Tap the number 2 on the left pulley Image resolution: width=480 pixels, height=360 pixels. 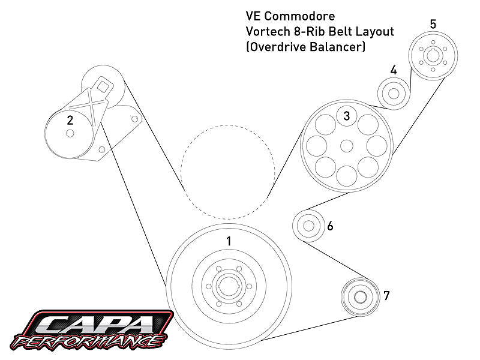point(70,120)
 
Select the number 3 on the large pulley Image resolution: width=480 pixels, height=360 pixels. point(347,116)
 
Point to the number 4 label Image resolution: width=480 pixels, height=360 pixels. point(394,70)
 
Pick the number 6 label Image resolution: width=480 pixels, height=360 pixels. point(330,227)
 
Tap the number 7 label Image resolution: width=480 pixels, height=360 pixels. point(386,295)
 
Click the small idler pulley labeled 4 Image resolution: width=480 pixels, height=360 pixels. point(394,94)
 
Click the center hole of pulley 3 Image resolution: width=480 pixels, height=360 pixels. point(346,145)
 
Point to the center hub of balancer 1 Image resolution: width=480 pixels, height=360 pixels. point(229,287)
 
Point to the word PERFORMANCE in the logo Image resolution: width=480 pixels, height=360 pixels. point(90,343)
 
